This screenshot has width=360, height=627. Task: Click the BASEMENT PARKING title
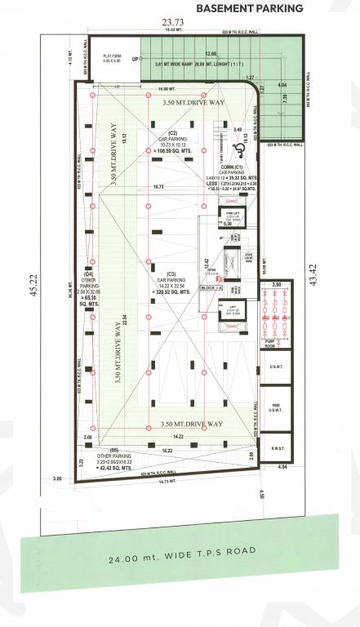[x=250, y=9]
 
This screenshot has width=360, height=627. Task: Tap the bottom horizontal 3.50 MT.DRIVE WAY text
[x=192, y=425]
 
